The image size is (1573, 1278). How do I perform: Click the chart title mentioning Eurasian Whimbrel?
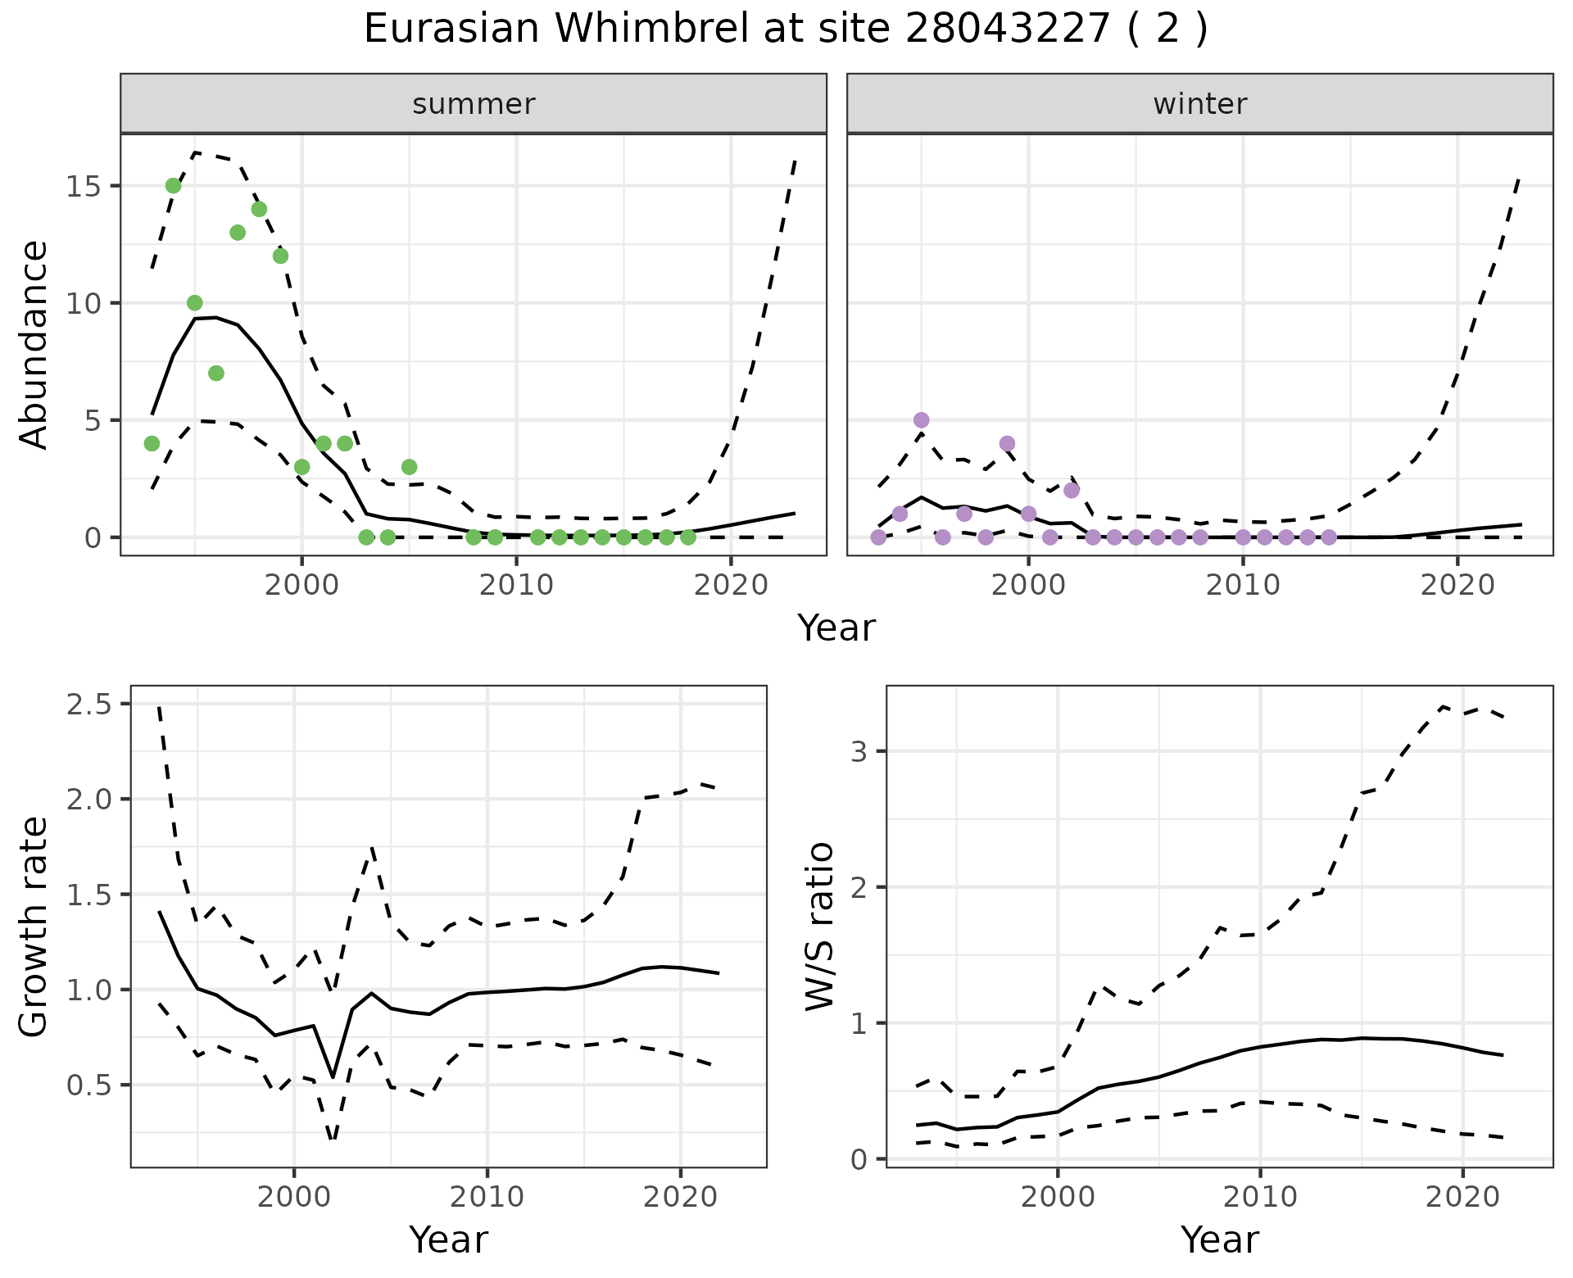pyautogui.click(x=785, y=30)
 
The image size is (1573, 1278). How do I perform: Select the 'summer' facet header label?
pyautogui.click(x=474, y=104)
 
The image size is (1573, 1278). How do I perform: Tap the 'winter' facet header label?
pyautogui.click(x=1199, y=104)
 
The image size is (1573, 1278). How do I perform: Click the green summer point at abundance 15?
pyautogui.click(x=174, y=186)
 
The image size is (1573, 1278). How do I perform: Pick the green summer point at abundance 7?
pyautogui.click(x=216, y=374)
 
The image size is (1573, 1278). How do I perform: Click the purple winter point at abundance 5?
pyautogui.click(x=922, y=420)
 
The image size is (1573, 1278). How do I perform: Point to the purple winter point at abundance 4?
pyautogui.click(x=1008, y=444)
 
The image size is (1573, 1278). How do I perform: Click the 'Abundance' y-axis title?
pyautogui.click(x=34, y=344)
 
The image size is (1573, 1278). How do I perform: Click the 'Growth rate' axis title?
pyautogui.click(x=34, y=927)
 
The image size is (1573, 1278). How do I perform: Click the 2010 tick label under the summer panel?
pyautogui.click(x=516, y=586)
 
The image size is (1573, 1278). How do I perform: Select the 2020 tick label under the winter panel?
pyautogui.click(x=1457, y=586)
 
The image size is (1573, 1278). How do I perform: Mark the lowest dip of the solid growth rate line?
pyautogui.click(x=333, y=1076)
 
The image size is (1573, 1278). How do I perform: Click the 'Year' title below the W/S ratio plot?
pyautogui.click(x=1219, y=1240)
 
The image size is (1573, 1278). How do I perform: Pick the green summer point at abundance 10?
pyautogui.click(x=195, y=303)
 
